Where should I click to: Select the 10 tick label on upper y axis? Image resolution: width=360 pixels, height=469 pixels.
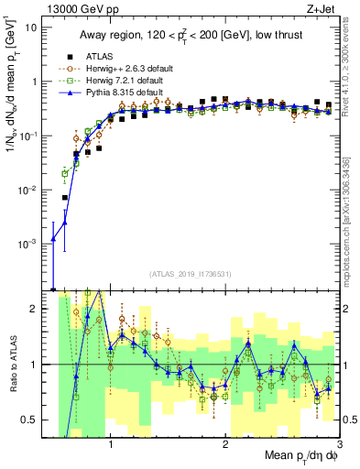click(31, 27)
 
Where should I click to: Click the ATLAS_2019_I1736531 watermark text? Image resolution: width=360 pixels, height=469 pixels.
click(190, 273)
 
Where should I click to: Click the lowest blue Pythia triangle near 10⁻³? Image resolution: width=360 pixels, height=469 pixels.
click(53, 240)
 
